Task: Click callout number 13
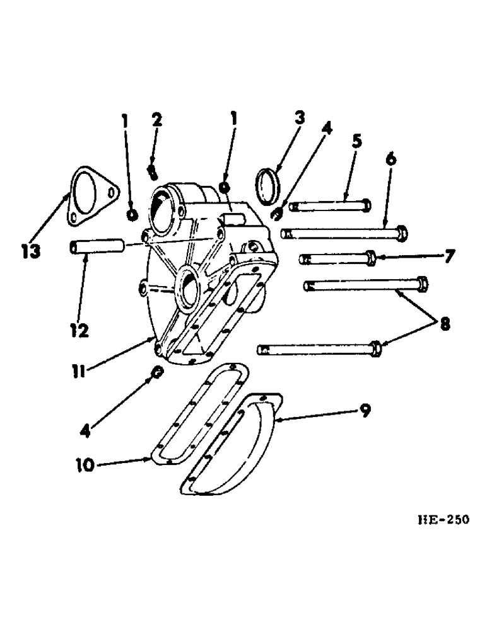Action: [29, 251]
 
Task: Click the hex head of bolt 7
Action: [372, 258]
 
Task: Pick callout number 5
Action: [356, 140]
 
